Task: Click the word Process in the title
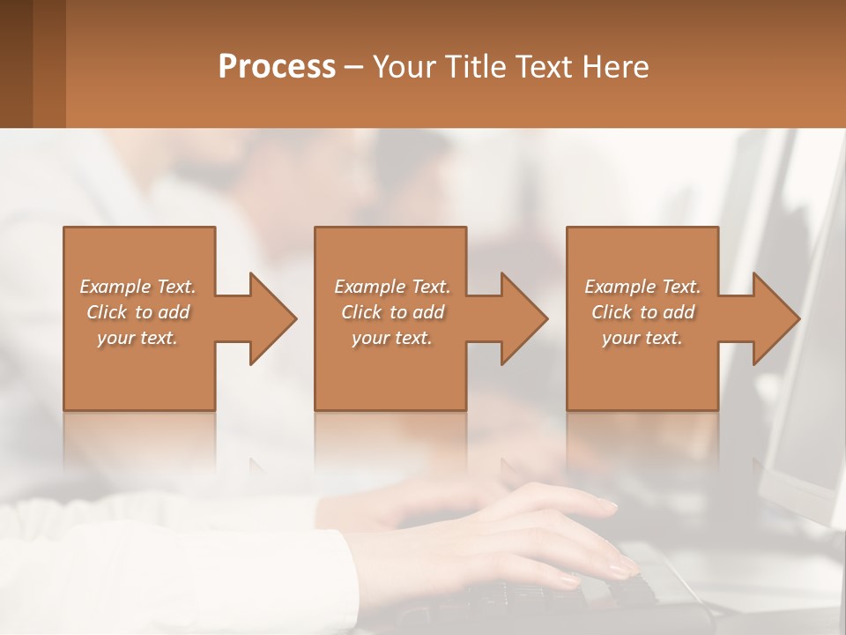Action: [x=277, y=67]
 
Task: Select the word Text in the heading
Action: [x=537, y=67]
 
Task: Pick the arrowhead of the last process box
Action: [x=775, y=318]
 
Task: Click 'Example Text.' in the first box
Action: [x=137, y=287]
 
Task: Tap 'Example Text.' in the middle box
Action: [x=392, y=287]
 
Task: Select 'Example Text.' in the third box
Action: [x=642, y=287]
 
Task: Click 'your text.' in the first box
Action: [x=137, y=338]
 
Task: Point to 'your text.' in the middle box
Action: [x=392, y=338]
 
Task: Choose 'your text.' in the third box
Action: [x=642, y=338]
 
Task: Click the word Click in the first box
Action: [x=107, y=312]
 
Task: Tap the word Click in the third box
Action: [x=612, y=312]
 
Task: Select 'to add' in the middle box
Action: [x=417, y=312]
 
